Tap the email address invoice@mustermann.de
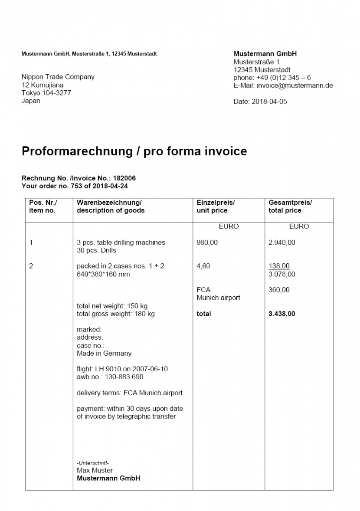(295, 85)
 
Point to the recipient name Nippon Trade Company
(58, 77)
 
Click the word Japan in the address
(31, 101)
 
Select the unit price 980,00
(207, 242)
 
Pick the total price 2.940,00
(281, 242)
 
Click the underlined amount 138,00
(279, 266)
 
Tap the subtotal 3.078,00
(281, 274)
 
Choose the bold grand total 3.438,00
(281, 314)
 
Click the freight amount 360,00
(279, 290)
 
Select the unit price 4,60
(203, 266)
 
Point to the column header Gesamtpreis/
(290, 203)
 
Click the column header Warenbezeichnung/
(109, 203)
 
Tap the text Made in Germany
(104, 353)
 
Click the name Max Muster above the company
(95, 470)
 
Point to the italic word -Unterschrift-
(93, 463)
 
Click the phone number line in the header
(272, 78)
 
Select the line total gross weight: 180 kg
(115, 314)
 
